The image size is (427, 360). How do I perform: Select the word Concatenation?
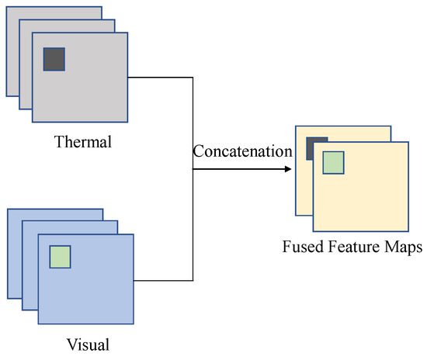[242, 151]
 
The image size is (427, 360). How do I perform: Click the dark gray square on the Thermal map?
[54, 59]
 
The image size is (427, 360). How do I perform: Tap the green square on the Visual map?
[60, 256]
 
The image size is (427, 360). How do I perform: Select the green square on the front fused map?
[333, 163]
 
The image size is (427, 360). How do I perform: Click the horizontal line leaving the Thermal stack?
[159, 78]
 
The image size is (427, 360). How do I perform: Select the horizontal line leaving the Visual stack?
[163, 280]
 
